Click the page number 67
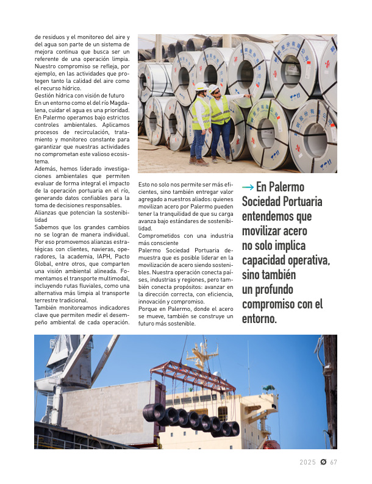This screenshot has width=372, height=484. click(x=334, y=462)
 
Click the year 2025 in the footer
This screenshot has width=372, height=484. click(x=308, y=462)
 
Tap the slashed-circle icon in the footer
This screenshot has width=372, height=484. click(x=323, y=462)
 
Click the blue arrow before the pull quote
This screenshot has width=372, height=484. click(x=248, y=187)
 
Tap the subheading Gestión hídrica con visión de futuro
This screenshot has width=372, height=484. click(x=79, y=96)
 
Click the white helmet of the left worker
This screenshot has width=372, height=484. click(x=201, y=87)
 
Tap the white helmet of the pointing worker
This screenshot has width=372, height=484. click(x=214, y=88)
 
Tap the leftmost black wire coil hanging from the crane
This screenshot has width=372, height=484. click(x=154, y=413)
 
